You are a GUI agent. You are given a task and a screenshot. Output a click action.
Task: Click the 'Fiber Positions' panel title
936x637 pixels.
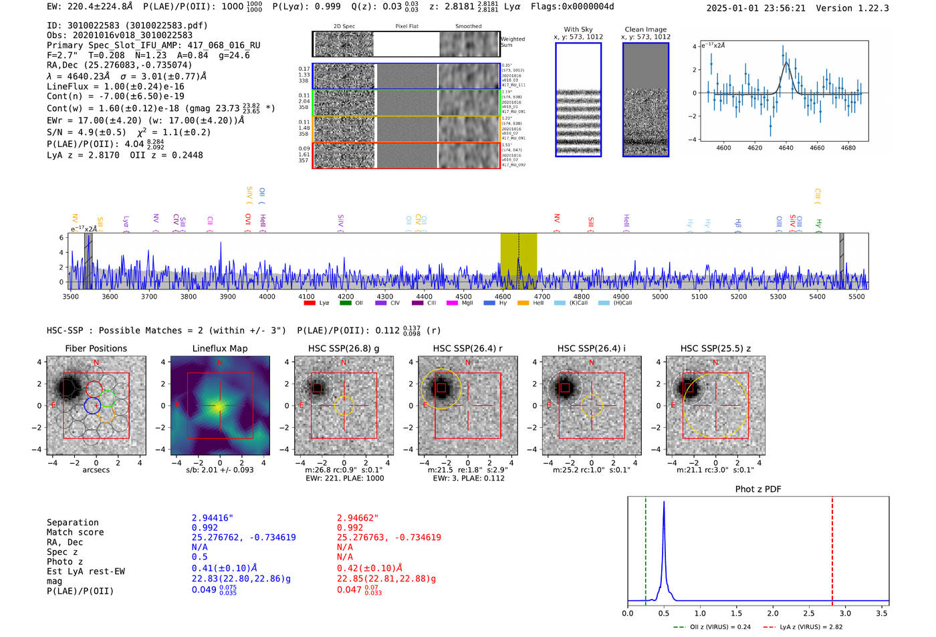pos(96,348)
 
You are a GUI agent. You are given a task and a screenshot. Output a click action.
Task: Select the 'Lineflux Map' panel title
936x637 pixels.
pos(219,348)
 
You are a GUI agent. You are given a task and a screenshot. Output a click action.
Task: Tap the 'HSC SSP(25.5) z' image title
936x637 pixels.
pos(715,348)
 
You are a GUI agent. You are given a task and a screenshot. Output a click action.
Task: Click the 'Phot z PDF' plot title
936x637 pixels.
pos(758,489)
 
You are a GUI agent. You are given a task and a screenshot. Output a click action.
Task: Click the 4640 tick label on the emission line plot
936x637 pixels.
pos(786,148)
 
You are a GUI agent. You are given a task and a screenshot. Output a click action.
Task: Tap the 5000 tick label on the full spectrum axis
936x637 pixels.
pos(660,297)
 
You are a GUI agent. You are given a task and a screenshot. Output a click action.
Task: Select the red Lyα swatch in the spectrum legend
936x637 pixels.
pos(310,303)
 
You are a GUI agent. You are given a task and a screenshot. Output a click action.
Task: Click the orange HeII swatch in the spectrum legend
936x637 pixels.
pos(523,303)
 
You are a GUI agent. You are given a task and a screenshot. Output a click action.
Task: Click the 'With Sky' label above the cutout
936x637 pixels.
pos(578,29)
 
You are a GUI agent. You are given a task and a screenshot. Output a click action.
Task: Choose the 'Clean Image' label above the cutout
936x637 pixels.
pos(645,29)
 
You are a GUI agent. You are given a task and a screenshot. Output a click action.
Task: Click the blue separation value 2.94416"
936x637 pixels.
pos(213,518)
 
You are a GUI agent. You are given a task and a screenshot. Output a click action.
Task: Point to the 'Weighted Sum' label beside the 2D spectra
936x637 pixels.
pos(512,42)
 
